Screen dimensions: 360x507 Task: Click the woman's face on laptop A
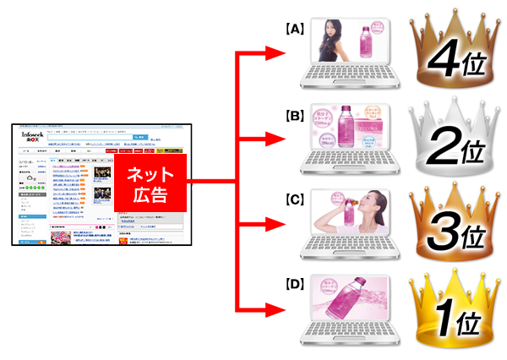(328, 32)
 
